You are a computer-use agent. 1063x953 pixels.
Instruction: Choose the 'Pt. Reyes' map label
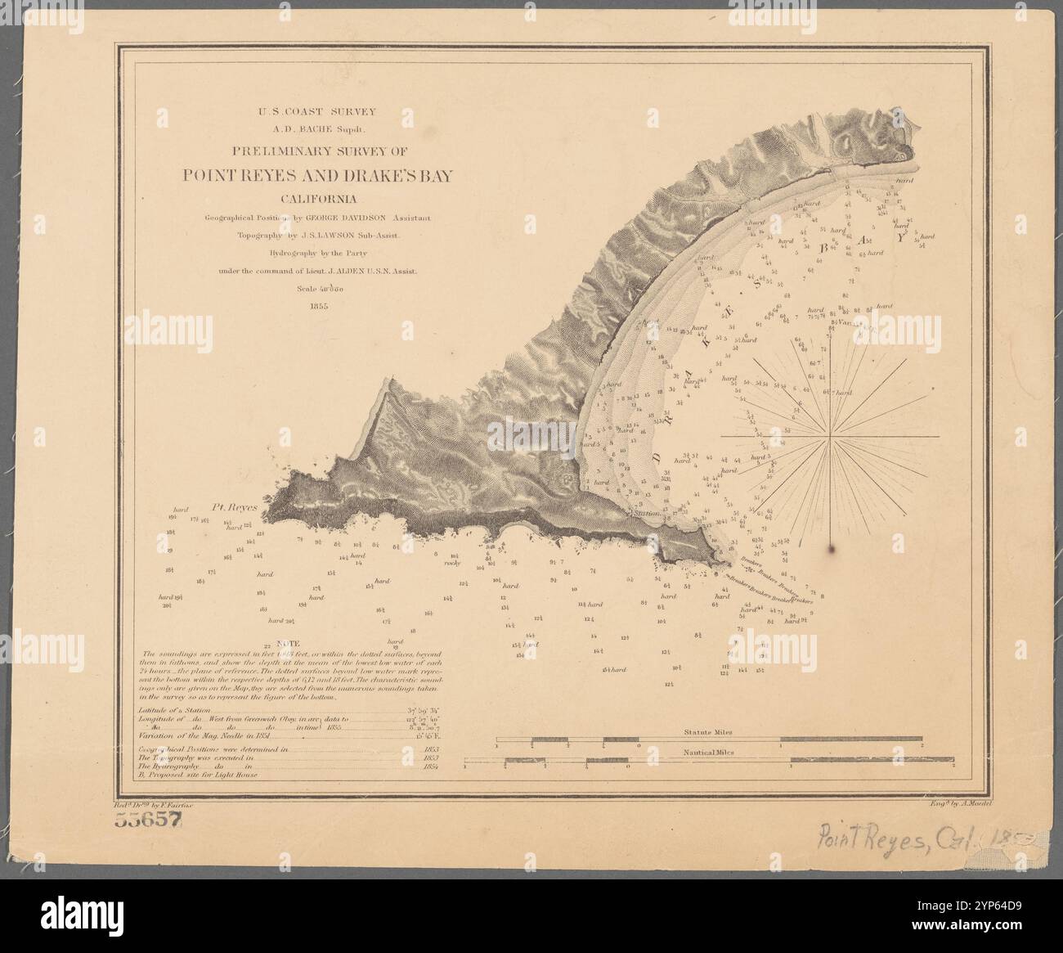pyautogui.click(x=235, y=507)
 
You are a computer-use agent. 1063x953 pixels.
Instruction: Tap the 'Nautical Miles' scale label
pyautogui.click(x=708, y=751)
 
